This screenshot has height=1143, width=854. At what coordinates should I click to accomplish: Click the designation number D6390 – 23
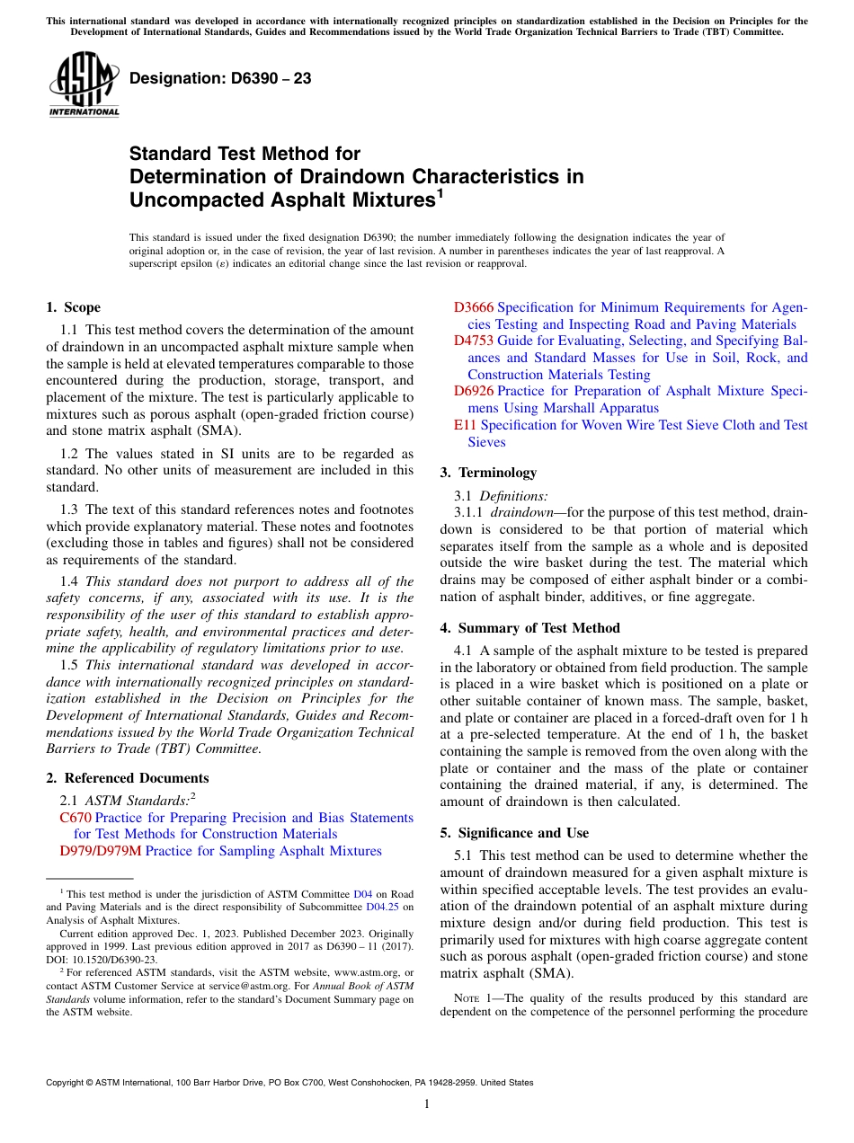click(x=220, y=78)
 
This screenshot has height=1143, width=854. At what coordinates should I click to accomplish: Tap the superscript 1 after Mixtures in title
click(x=440, y=192)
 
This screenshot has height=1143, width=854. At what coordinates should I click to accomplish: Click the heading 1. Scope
click(x=73, y=307)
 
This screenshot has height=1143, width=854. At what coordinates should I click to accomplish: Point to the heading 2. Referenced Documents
click(x=127, y=778)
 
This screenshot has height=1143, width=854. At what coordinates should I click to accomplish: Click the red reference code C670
click(x=76, y=818)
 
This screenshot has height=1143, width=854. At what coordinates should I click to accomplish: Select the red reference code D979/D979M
click(x=100, y=851)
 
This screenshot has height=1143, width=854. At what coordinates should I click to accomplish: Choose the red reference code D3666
click(x=474, y=307)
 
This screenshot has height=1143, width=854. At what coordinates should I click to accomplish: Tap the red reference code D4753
click(x=474, y=341)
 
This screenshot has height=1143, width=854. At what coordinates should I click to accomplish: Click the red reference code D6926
click(x=474, y=391)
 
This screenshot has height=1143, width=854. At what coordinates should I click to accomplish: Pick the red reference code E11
click(x=466, y=425)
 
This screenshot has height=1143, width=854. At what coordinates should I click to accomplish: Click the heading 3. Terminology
click(x=488, y=473)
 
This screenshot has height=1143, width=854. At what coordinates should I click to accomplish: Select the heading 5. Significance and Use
click(x=514, y=833)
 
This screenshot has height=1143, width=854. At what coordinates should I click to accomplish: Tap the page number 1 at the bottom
click(x=427, y=1104)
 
